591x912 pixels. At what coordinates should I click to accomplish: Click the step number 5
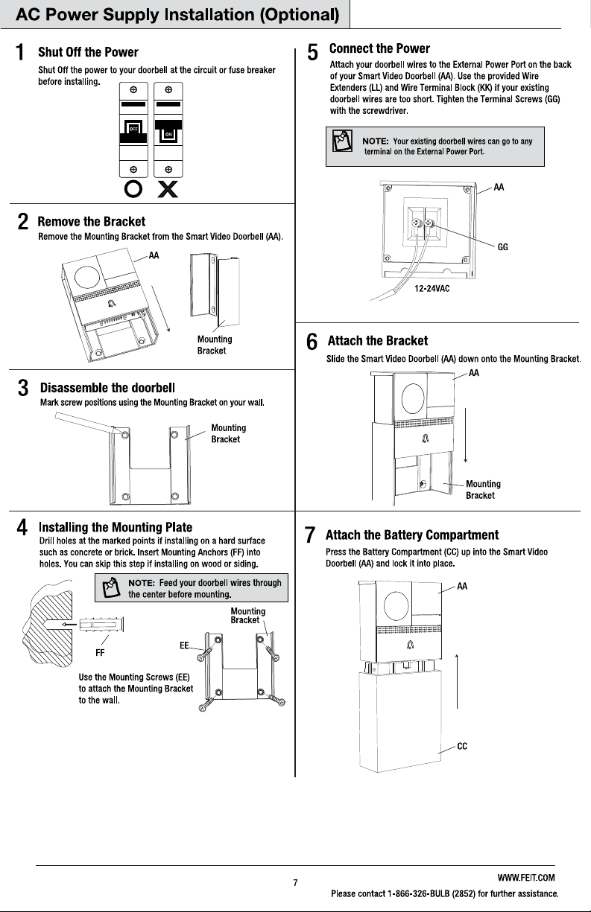point(312,53)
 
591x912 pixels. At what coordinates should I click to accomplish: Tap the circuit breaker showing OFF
point(133,130)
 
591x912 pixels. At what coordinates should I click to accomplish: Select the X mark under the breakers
point(168,189)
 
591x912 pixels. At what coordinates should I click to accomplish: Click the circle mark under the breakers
point(133,189)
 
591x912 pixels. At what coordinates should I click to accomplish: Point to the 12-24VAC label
point(432,289)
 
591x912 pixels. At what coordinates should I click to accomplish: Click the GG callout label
point(502,247)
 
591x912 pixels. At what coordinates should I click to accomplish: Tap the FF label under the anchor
point(100,653)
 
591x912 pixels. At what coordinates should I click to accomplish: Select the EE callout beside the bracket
point(184,645)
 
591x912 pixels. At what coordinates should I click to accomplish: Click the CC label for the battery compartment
point(462,746)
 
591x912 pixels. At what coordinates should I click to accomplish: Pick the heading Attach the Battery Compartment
point(412,535)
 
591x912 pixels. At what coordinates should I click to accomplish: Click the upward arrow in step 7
point(457,681)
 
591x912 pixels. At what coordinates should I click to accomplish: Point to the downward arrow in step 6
point(466,435)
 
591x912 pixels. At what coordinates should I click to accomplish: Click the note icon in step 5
point(342,141)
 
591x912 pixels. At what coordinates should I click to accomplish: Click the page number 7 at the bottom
point(295,883)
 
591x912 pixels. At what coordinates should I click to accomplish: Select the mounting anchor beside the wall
point(101,624)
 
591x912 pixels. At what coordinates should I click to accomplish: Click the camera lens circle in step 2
point(86,277)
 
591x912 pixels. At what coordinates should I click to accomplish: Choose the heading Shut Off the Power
point(88,52)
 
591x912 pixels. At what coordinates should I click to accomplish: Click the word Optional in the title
point(300,15)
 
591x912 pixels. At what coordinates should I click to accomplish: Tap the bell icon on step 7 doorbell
point(411,645)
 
